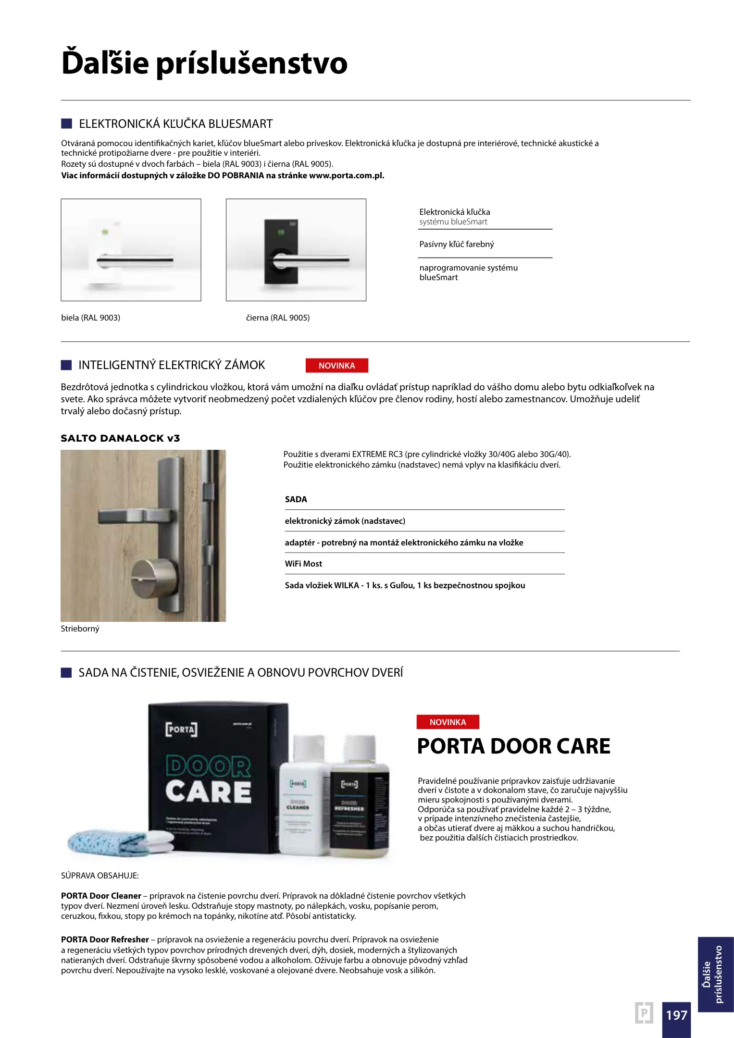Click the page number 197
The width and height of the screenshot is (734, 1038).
(676, 1015)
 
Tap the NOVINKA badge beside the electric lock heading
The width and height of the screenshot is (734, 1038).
(336, 366)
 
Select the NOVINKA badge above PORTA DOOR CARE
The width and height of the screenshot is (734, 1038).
(448, 722)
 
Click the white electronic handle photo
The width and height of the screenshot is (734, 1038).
(131, 250)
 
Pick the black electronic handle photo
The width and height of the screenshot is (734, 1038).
(296, 250)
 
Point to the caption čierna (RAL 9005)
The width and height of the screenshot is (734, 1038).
(278, 318)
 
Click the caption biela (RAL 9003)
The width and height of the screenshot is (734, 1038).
(91, 318)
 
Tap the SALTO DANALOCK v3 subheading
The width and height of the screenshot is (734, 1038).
(120, 438)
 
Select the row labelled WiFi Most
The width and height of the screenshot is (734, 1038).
(304, 564)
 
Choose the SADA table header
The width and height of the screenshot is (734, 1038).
(296, 499)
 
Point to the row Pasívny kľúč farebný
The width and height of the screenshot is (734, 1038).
(457, 244)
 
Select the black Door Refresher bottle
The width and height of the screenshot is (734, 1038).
(358, 803)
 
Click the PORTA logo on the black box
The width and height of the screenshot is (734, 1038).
(181, 729)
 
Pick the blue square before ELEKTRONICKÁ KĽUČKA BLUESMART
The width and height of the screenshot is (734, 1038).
(66, 124)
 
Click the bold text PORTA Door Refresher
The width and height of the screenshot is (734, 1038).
(105, 939)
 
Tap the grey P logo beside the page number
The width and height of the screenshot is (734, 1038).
(644, 1013)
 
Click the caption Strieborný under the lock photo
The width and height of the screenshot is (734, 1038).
(80, 629)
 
